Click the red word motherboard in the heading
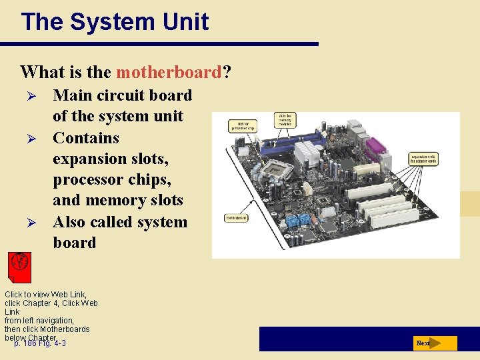(x=167, y=71)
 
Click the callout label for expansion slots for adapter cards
(x=423, y=159)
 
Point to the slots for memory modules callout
(x=285, y=120)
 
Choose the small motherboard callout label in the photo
(x=237, y=217)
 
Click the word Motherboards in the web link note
(x=65, y=329)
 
